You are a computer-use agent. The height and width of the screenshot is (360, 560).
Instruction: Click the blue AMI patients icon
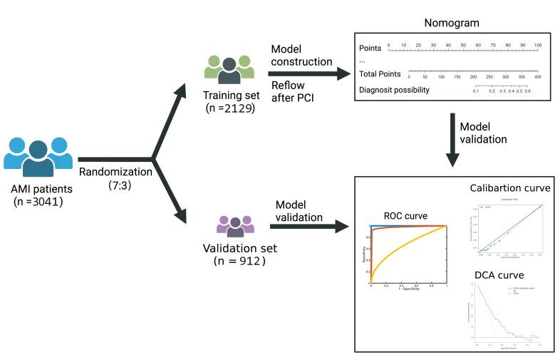pyautogui.click(x=38, y=156)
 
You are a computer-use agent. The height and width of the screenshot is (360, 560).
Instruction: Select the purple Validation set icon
pyautogui.click(x=235, y=227)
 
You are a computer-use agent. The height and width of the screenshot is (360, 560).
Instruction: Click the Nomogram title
pyautogui.click(x=452, y=21)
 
